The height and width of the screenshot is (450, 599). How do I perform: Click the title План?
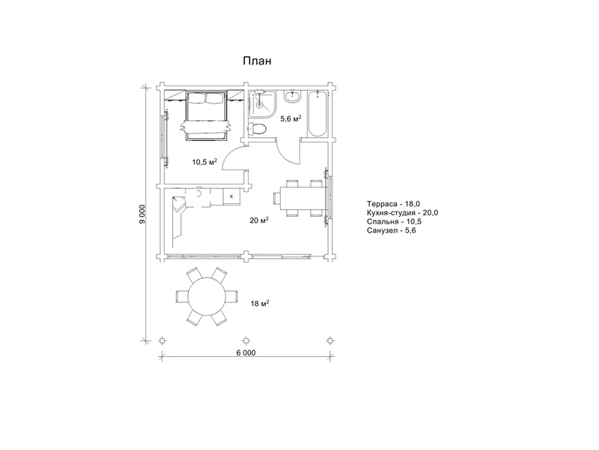pos(257,61)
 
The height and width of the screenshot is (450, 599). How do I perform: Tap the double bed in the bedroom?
pos(205,115)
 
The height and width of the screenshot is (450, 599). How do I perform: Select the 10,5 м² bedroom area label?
pos(204,162)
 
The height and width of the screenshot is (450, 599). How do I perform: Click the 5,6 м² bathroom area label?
pos(291,118)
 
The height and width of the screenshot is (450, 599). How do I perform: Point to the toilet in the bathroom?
pos(257,128)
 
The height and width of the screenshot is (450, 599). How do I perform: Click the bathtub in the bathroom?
pos(317,114)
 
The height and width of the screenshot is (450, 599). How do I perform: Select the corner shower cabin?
pos(262,104)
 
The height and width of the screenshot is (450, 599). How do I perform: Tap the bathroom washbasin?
pos(293,96)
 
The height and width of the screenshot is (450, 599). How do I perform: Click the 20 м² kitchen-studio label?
pos(259,220)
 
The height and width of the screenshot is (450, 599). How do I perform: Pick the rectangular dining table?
pos(304,198)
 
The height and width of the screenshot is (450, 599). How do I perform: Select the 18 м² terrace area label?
pos(260,304)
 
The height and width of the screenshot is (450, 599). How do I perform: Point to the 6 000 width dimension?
pos(246,352)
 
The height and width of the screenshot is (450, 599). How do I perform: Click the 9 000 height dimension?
pos(142,214)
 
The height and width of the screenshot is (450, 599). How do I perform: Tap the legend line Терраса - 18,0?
pos(393,204)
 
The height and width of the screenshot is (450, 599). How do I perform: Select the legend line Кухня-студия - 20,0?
pos(402,213)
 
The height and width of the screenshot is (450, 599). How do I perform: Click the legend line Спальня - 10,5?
pos(395,221)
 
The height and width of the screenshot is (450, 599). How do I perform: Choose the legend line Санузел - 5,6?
pos(391,230)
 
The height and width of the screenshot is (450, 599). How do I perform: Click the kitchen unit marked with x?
pos(231,196)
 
